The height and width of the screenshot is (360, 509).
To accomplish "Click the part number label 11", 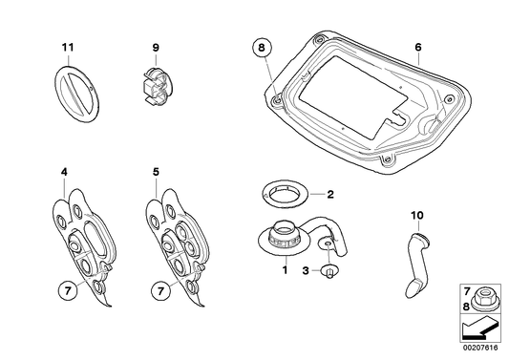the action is click(x=68, y=48).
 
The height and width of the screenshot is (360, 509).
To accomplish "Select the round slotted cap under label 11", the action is click(x=75, y=95).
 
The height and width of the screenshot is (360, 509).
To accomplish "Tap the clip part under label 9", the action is click(x=158, y=86).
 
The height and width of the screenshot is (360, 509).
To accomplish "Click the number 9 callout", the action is click(x=156, y=48).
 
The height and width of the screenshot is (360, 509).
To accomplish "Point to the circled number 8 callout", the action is click(x=262, y=48).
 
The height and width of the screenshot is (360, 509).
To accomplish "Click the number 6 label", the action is click(x=418, y=48).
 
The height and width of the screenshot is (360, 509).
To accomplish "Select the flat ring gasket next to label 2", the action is click(x=286, y=194).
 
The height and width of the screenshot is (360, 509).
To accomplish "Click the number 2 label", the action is click(x=330, y=195).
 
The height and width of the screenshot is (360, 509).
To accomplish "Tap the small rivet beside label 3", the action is click(x=329, y=271).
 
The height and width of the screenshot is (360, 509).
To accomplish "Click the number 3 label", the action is click(x=306, y=270).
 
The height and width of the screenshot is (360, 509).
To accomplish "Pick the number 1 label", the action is click(x=285, y=269).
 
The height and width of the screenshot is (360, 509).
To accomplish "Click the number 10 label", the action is click(x=417, y=215).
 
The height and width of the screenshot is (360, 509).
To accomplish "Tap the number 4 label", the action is click(x=64, y=172).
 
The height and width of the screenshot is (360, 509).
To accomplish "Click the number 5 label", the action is click(x=157, y=172).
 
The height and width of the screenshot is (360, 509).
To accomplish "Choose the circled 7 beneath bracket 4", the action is click(x=68, y=291).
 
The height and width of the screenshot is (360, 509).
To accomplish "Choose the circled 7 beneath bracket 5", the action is click(x=161, y=291).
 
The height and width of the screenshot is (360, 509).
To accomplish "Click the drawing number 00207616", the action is click(x=481, y=348).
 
